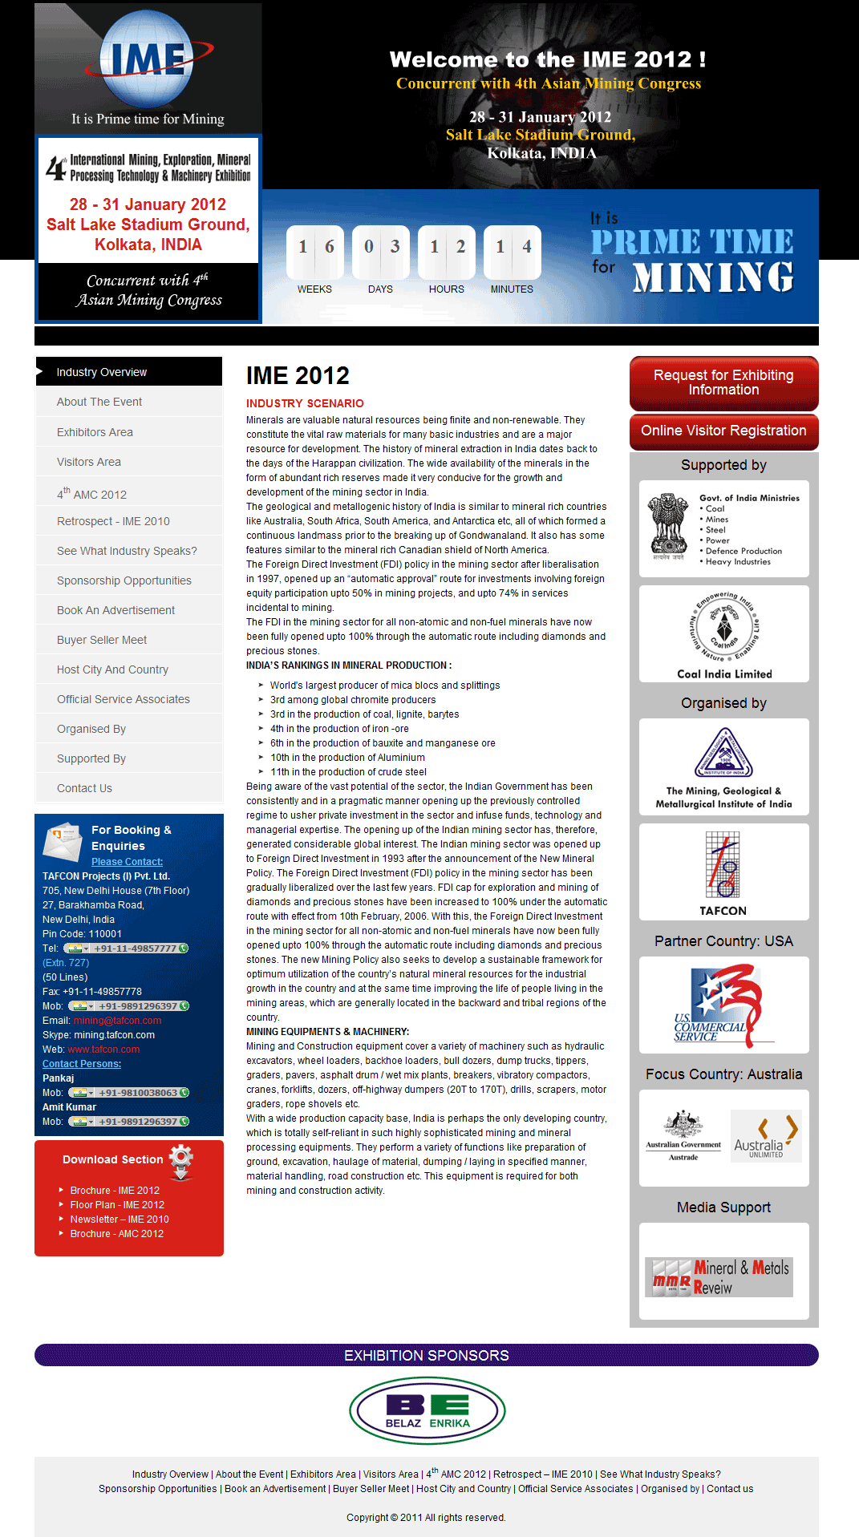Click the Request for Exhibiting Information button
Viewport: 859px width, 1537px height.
point(723,383)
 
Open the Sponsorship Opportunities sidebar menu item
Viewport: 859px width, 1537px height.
point(124,580)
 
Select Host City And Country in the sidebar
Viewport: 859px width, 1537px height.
point(112,669)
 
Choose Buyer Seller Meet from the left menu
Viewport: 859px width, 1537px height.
point(102,640)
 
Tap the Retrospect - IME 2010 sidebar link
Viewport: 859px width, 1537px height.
point(113,521)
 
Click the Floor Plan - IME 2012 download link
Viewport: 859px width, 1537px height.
point(117,1205)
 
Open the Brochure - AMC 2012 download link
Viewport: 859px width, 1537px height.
point(116,1234)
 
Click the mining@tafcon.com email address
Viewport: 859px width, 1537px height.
point(117,1021)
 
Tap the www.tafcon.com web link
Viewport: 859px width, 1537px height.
point(103,1050)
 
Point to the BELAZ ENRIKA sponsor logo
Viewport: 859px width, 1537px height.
point(427,1410)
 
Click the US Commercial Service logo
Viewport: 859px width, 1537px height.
point(723,1005)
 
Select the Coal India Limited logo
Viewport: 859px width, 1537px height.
point(724,633)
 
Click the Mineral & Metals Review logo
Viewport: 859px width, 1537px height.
point(719,1276)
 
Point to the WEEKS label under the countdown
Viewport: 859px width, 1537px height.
point(314,289)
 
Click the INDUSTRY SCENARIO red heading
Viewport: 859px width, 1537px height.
point(305,403)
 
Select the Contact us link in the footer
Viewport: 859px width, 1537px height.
point(730,1489)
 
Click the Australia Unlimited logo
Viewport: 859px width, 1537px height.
point(765,1136)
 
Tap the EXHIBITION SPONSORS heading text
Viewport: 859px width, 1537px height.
point(427,1356)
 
